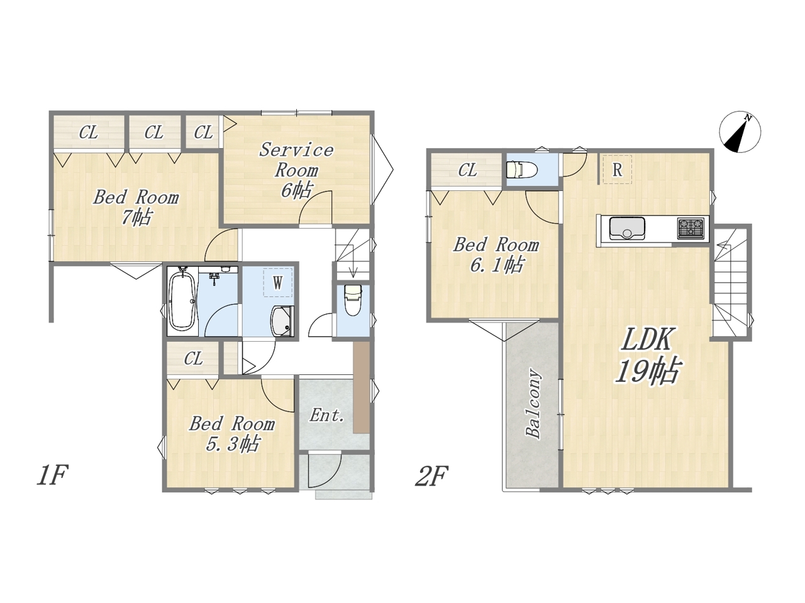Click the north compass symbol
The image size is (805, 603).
tap(740, 132)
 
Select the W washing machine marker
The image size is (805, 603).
tap(277, 282)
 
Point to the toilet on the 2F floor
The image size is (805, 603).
tap(521, 170)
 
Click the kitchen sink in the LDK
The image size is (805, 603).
tap(627, 229)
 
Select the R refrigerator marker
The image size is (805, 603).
tap(617, 170)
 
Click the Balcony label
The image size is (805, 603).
tap(533, 404)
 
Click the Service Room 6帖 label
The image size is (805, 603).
tap(297, 170)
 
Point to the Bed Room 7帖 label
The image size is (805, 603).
tap(136, 207)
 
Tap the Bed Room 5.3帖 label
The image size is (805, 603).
tap(232, 434)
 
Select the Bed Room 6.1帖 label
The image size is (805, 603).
tap(496, 255)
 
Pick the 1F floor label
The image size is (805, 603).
tap(52, 475)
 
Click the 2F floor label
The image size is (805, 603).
tap(431, 476)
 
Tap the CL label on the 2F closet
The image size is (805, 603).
tap(468, 170)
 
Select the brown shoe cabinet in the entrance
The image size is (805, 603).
tap(362, 388)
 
